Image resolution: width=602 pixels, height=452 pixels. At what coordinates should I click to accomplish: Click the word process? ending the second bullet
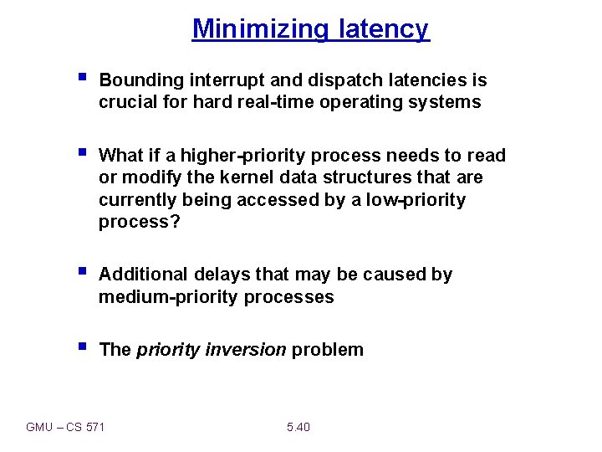pyautogui.click(x=133, y=222)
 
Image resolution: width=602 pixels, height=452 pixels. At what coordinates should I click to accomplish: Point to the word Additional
pyautogui.click(x=143, y=275)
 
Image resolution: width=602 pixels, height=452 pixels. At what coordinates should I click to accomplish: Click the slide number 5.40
pyautogui.click(x=298, y=427)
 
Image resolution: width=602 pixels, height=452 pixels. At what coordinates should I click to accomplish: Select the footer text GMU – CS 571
pyautogui.click(x=65, y=427)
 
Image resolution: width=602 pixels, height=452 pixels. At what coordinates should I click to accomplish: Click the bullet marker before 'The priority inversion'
pyautogui.click(x=81, y=347)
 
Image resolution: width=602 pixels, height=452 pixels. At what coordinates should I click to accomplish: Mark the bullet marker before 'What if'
pyautogui.click(x=81, y=153)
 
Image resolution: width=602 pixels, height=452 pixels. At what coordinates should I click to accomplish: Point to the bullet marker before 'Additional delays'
pyautogui.click(x=81, y=272)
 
